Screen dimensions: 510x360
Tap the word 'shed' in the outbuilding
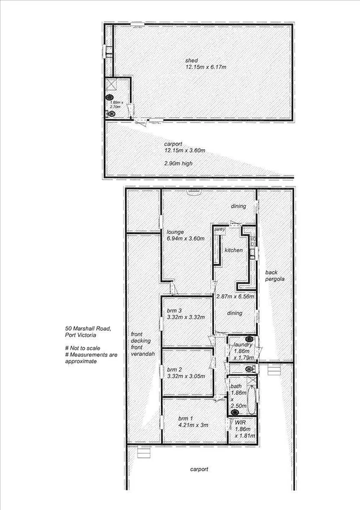(191, 60)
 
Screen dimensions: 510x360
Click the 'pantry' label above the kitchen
(219, 229)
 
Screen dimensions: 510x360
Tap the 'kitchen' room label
(233, 250)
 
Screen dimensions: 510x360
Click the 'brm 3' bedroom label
(174, 311)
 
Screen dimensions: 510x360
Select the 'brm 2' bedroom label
(174, 369)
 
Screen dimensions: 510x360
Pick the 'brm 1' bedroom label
(186, 419)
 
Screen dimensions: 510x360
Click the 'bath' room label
(237, 385)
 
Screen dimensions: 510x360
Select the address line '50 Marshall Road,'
(87, 328)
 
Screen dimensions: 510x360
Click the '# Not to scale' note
(84, 349)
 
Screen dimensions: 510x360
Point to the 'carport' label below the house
(199, 469)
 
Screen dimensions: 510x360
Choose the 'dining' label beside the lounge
(239, 207)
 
